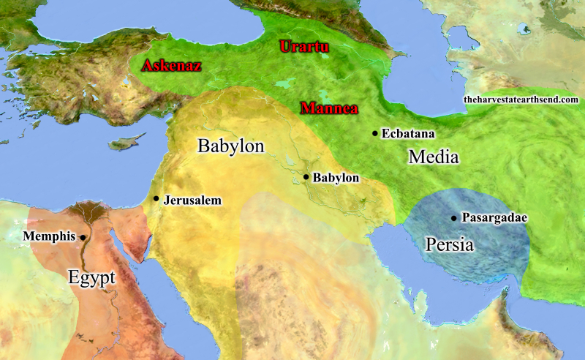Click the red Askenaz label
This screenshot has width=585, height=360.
pyautogui.click(x=171, y=66)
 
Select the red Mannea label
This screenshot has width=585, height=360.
pyautogui.click(x=328, y=110)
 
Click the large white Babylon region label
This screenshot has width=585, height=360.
pyautogui.click(x=230, y=146)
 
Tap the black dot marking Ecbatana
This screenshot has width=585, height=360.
pyautogui.click(x=375, y=133)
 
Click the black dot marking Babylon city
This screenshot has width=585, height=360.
pyautogui.click(x=306, y=177)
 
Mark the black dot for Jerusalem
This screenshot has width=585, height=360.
pyautogui.click(x=156, y=198)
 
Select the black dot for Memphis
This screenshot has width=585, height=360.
pyautogui.click(x=83, y=237)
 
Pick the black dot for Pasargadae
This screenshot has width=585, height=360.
pyautogui.click(x=454, y=217)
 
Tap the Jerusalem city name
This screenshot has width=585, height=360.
pyautogui.click(x=192, y=200)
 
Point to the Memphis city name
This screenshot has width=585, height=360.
pyautogui.click(x=50, y=236)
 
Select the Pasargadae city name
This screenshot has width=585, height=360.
pyautogui.click(x=494, y=218)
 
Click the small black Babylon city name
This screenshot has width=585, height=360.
pyautogui.click(x=336, y=178)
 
